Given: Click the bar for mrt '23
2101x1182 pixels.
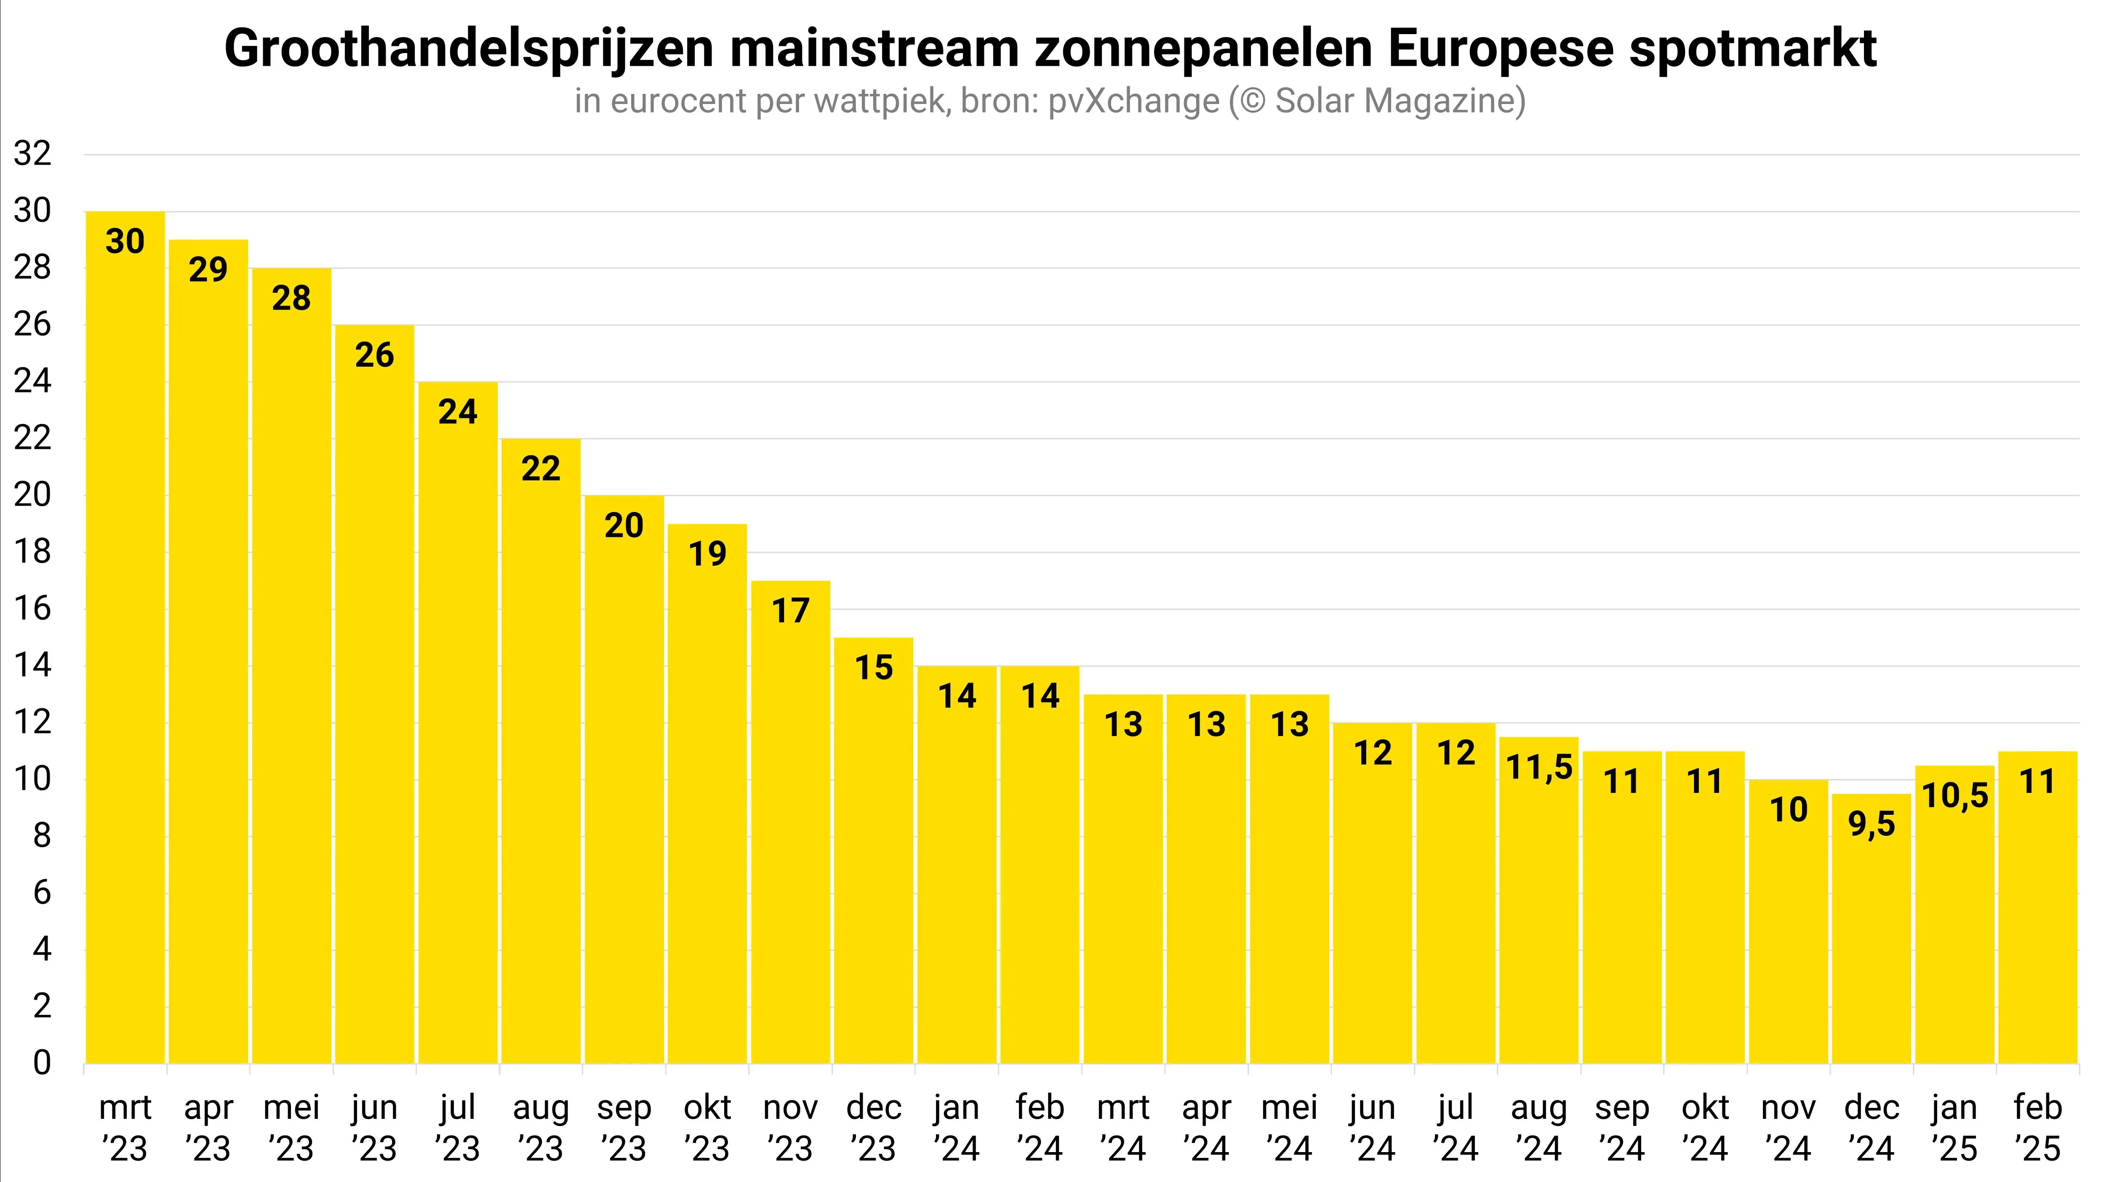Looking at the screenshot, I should (125, 636).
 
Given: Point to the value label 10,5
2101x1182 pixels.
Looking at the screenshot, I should (1955, 795).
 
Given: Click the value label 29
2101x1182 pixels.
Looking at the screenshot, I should (208, 269).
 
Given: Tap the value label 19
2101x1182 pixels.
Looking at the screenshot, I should (707, 554).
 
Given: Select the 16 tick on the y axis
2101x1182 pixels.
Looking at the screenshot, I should (32, 608).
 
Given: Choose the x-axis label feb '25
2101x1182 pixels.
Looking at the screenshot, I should (2037, 1127).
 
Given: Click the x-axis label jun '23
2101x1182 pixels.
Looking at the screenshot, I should (374, 1127).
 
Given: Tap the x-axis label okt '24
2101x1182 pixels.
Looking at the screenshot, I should (1705, 1127).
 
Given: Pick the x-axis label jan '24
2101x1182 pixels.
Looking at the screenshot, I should (957, 1127).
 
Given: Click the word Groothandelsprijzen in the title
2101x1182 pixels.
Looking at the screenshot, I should (469, 49).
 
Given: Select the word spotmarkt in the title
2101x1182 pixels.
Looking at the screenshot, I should (1754, 49).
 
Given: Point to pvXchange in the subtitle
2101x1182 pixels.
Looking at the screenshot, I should (1134, 101).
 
